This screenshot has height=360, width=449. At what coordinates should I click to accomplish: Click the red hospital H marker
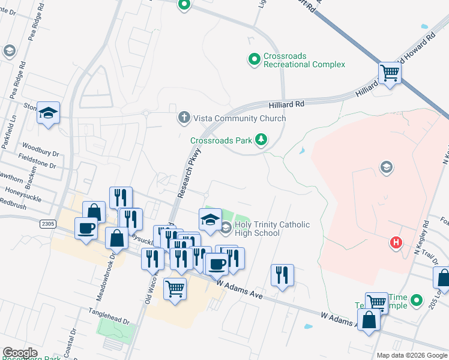pos(396,242)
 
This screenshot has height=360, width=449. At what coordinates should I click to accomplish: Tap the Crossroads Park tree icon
pos(261,140)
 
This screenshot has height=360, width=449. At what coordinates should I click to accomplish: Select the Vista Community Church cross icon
pos(185,118)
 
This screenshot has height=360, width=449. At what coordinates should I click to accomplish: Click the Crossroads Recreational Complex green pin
pos(255,59)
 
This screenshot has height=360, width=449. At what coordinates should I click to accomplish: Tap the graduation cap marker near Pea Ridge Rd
pos(48,113)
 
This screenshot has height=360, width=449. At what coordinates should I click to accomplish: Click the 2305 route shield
pos(49,224)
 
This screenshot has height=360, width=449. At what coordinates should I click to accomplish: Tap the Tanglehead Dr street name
pos(109,313)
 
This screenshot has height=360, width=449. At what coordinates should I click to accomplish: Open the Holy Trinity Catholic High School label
pos(272,229)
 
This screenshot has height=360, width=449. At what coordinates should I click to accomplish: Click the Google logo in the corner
pos(20,353)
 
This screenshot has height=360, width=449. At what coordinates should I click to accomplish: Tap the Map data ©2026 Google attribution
pos(411,355)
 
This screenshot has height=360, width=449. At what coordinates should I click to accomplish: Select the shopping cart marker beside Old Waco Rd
pos(175,290)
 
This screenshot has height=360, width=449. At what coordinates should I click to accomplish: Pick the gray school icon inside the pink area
pos(387,166)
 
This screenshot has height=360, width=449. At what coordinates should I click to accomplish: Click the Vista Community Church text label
pos(239,118)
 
